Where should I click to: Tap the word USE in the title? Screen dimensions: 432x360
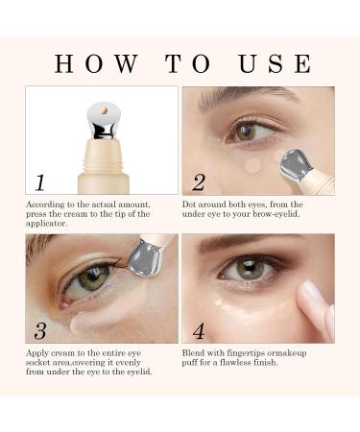click(275, 64)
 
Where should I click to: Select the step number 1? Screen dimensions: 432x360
click(39, 182)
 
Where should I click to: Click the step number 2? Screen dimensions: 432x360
click(198, 182)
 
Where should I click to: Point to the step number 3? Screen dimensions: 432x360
click(39, 331)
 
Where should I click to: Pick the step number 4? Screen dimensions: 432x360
click(199, 331)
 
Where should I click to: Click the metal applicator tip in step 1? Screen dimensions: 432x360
click(99, 120)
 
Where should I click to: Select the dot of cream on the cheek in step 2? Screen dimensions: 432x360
click(253, 165)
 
